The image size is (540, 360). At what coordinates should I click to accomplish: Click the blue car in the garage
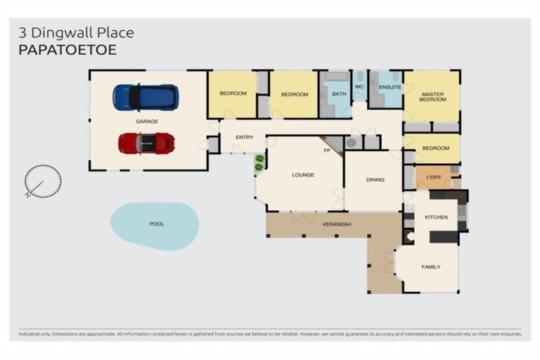click(x=146, y=97)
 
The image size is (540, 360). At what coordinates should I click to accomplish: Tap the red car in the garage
click(x=146, y=143)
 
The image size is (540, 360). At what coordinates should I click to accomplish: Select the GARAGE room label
click(x=146, y=122)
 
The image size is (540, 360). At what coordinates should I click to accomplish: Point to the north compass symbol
click(x=42, y=181)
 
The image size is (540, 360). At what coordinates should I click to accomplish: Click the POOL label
click(x=156, y=224)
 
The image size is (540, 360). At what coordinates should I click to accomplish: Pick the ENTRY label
click(x=245, y=138)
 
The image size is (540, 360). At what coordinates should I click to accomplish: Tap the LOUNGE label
click(x=303, y=175)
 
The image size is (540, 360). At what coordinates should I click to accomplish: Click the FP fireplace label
click(x=326, y=150)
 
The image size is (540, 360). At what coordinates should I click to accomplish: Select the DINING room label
click(x=375, y=180)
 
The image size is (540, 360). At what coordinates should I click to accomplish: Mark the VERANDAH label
click(x=336, y=224)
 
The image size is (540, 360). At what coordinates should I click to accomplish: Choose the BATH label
click(x=339, y=94)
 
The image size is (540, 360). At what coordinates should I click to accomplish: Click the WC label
click(x=359, y=87)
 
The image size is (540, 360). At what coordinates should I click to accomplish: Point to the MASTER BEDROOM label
click(x=433, y=96)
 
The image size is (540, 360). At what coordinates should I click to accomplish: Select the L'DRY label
click(x=433, y=178)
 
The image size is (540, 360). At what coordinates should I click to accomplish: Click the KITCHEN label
click(x=436, y=217)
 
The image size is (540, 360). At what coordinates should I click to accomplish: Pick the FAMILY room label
click(x=431, y=267)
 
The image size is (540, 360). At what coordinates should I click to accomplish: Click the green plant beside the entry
click(x=259, y=163)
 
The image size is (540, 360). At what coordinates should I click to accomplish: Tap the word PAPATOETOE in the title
click(x=67, y=50)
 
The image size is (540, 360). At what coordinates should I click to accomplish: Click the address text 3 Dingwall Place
click(x=76, y=32)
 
